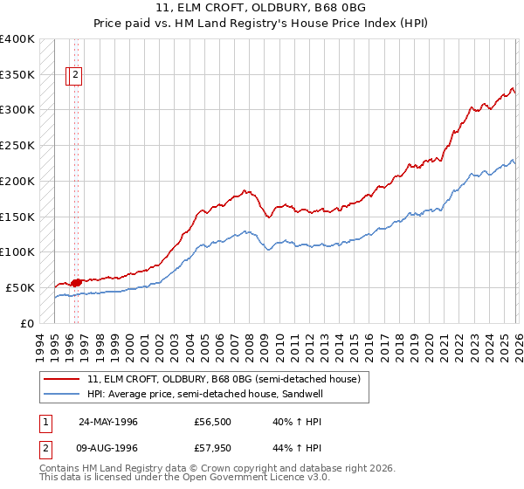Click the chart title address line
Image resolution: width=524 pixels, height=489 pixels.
coord(262,9)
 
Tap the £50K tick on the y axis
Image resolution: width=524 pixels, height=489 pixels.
coord(20,287)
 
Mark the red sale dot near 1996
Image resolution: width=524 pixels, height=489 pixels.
coord(76,282)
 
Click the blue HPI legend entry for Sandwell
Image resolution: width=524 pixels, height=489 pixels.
coord(210,394)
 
